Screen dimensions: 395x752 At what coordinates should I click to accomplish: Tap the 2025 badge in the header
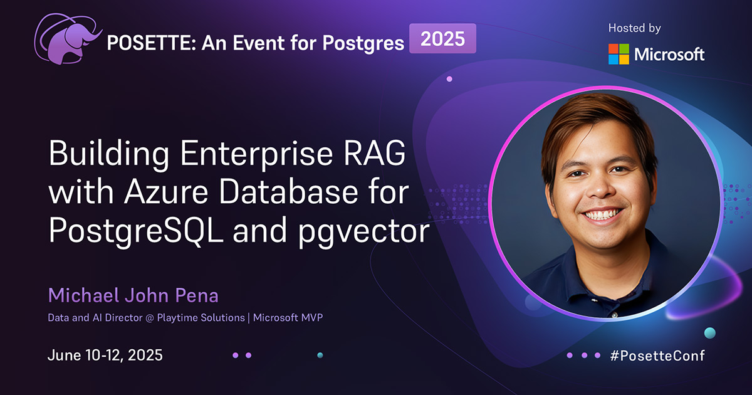pos(442,39)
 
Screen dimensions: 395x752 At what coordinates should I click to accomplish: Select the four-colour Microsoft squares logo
pos(619,54)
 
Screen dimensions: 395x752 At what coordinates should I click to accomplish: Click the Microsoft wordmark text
pos(669,55)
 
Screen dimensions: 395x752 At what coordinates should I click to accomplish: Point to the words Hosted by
pos(634,28)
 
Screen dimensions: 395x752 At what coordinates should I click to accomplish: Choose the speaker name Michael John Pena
pos(133,295)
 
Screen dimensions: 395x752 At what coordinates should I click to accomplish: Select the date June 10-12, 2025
pos(105,355)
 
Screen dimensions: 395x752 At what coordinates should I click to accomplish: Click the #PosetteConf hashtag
pos(657,355)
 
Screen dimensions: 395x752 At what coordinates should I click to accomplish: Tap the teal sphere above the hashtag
pos(709,332)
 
